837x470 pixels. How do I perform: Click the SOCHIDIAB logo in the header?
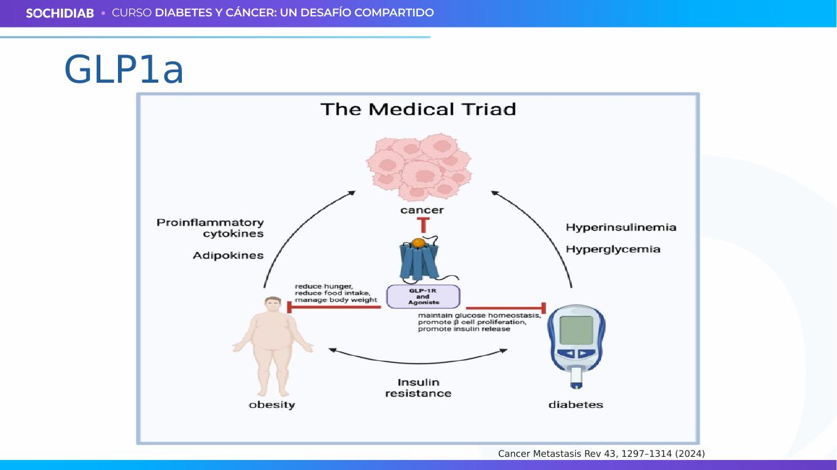[x=60, y=13]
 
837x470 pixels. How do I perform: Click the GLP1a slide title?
[x=124, y=70]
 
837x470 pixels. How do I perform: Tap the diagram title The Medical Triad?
[x=418, y=110]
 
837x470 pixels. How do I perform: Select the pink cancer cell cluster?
[x=419, y=167]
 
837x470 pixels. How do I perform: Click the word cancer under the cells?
[x=422, y=210]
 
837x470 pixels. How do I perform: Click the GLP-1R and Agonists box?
[x=423, y=296]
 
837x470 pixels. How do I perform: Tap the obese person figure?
[x=273, y=347]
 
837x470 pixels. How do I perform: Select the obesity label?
[x=272, y=405]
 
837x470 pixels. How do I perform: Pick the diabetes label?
[x=576, y=405]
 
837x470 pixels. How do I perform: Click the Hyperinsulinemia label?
[x=621, y=227]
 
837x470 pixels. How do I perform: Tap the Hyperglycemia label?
[x=613, y=249]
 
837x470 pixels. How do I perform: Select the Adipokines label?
[x=228, y=255]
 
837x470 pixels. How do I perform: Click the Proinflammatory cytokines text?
[x=210, y=228]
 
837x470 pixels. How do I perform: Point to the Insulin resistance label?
[x=418, y=388]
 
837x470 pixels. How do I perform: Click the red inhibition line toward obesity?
[x=334, y=307]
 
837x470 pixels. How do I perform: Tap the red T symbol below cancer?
[x=423, y=225]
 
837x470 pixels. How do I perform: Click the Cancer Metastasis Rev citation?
[x=601, y=454]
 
